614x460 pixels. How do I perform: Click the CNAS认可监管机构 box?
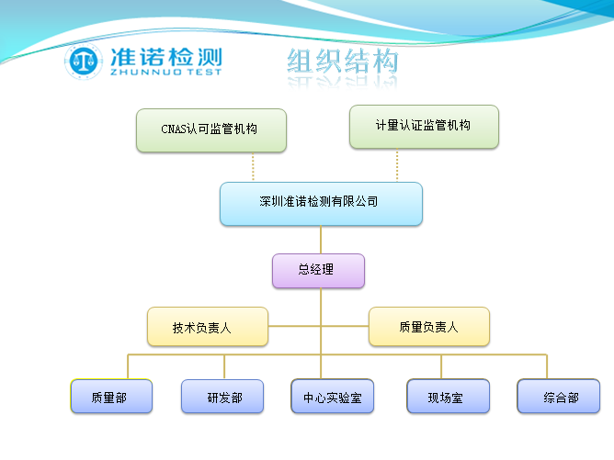tap(210, 129)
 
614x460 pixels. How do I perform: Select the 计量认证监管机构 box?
tap(424, 126)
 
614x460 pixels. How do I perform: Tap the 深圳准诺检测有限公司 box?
tap(321, 203)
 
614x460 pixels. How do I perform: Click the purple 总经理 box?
tap(318, 271)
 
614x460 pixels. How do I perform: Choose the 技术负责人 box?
tap(208, 327)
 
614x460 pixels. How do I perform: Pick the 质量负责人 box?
tap(429, 327)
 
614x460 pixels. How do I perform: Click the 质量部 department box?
tap(111, 397)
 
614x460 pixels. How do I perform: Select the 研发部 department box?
tap(224, 397)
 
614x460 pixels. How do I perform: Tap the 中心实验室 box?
tap(333, 397)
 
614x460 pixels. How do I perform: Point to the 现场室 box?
tap(448, 397)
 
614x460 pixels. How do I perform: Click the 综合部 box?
tap(558, 397)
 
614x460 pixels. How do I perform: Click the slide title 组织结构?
tap(343, 62)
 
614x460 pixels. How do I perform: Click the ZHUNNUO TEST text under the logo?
tap(165, 73)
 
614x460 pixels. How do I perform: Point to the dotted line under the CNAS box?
tap(253, 167)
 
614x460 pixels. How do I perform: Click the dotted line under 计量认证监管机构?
tap(397, 165)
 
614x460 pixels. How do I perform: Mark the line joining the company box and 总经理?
tap(321, 240)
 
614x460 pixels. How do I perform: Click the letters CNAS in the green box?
tap(174, 129)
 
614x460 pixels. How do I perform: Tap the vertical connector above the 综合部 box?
tap(547, 365)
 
